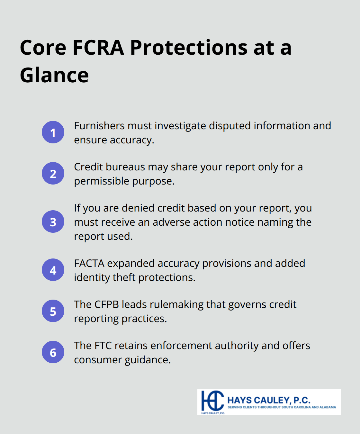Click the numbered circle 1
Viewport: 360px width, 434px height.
[53, 132]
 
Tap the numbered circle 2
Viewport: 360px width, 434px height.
[53, 173]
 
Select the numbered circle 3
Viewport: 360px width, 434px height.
[53, 222]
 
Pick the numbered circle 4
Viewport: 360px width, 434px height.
[53, 270]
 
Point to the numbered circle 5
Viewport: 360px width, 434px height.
[53, 311]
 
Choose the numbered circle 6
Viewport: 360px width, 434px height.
[53, 352]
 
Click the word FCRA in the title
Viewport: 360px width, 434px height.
[98, 48]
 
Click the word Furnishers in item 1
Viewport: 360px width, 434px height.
[99, 126]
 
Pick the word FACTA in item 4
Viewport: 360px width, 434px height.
[89, 263]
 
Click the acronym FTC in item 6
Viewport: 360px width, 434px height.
[103, 346]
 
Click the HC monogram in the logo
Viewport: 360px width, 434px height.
[212, 401]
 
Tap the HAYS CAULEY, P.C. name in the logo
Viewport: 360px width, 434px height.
[269, 400]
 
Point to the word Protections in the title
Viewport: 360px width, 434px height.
[189, 48]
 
